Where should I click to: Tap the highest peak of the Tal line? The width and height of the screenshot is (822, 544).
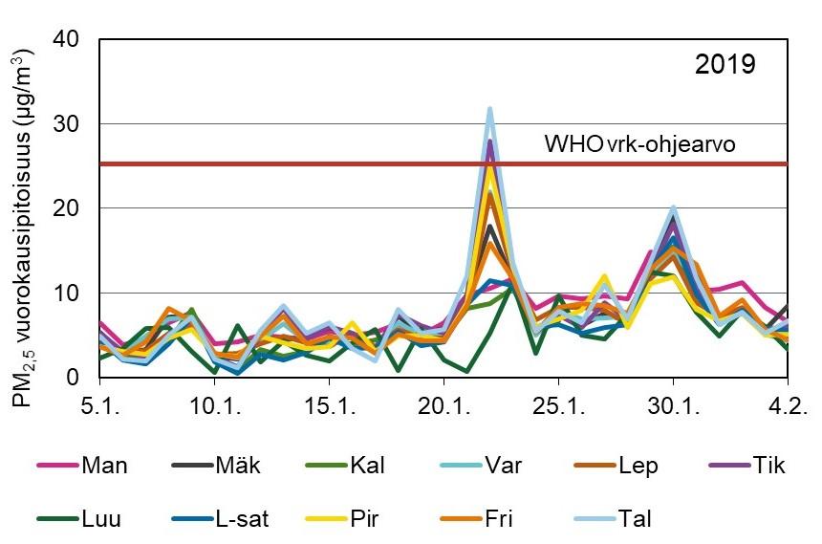(x=490, y=109)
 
